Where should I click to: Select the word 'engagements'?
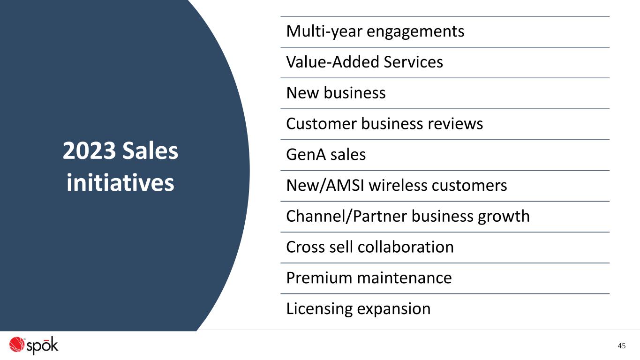pyautogui.click(x=415, y=32)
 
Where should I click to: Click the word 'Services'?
pyautogui.click(x=413, y=62)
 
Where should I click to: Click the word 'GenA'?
pyautogui.click(x=306, y=155)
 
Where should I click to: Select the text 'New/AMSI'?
pyautogui.click(x=325, y=185)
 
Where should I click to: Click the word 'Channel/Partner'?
pyautogui.click(x=346, y=216)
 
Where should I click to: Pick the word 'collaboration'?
pyautogui.click(x=406, y=247)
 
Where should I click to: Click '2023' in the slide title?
pyautogui.click(x=89, y=150)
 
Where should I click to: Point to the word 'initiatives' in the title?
pyautogui.click(x=120, y=182)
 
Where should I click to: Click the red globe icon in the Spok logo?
pyautogui.click(x=16, y=344)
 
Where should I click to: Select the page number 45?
pyautogui.click(x=621, y=346)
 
